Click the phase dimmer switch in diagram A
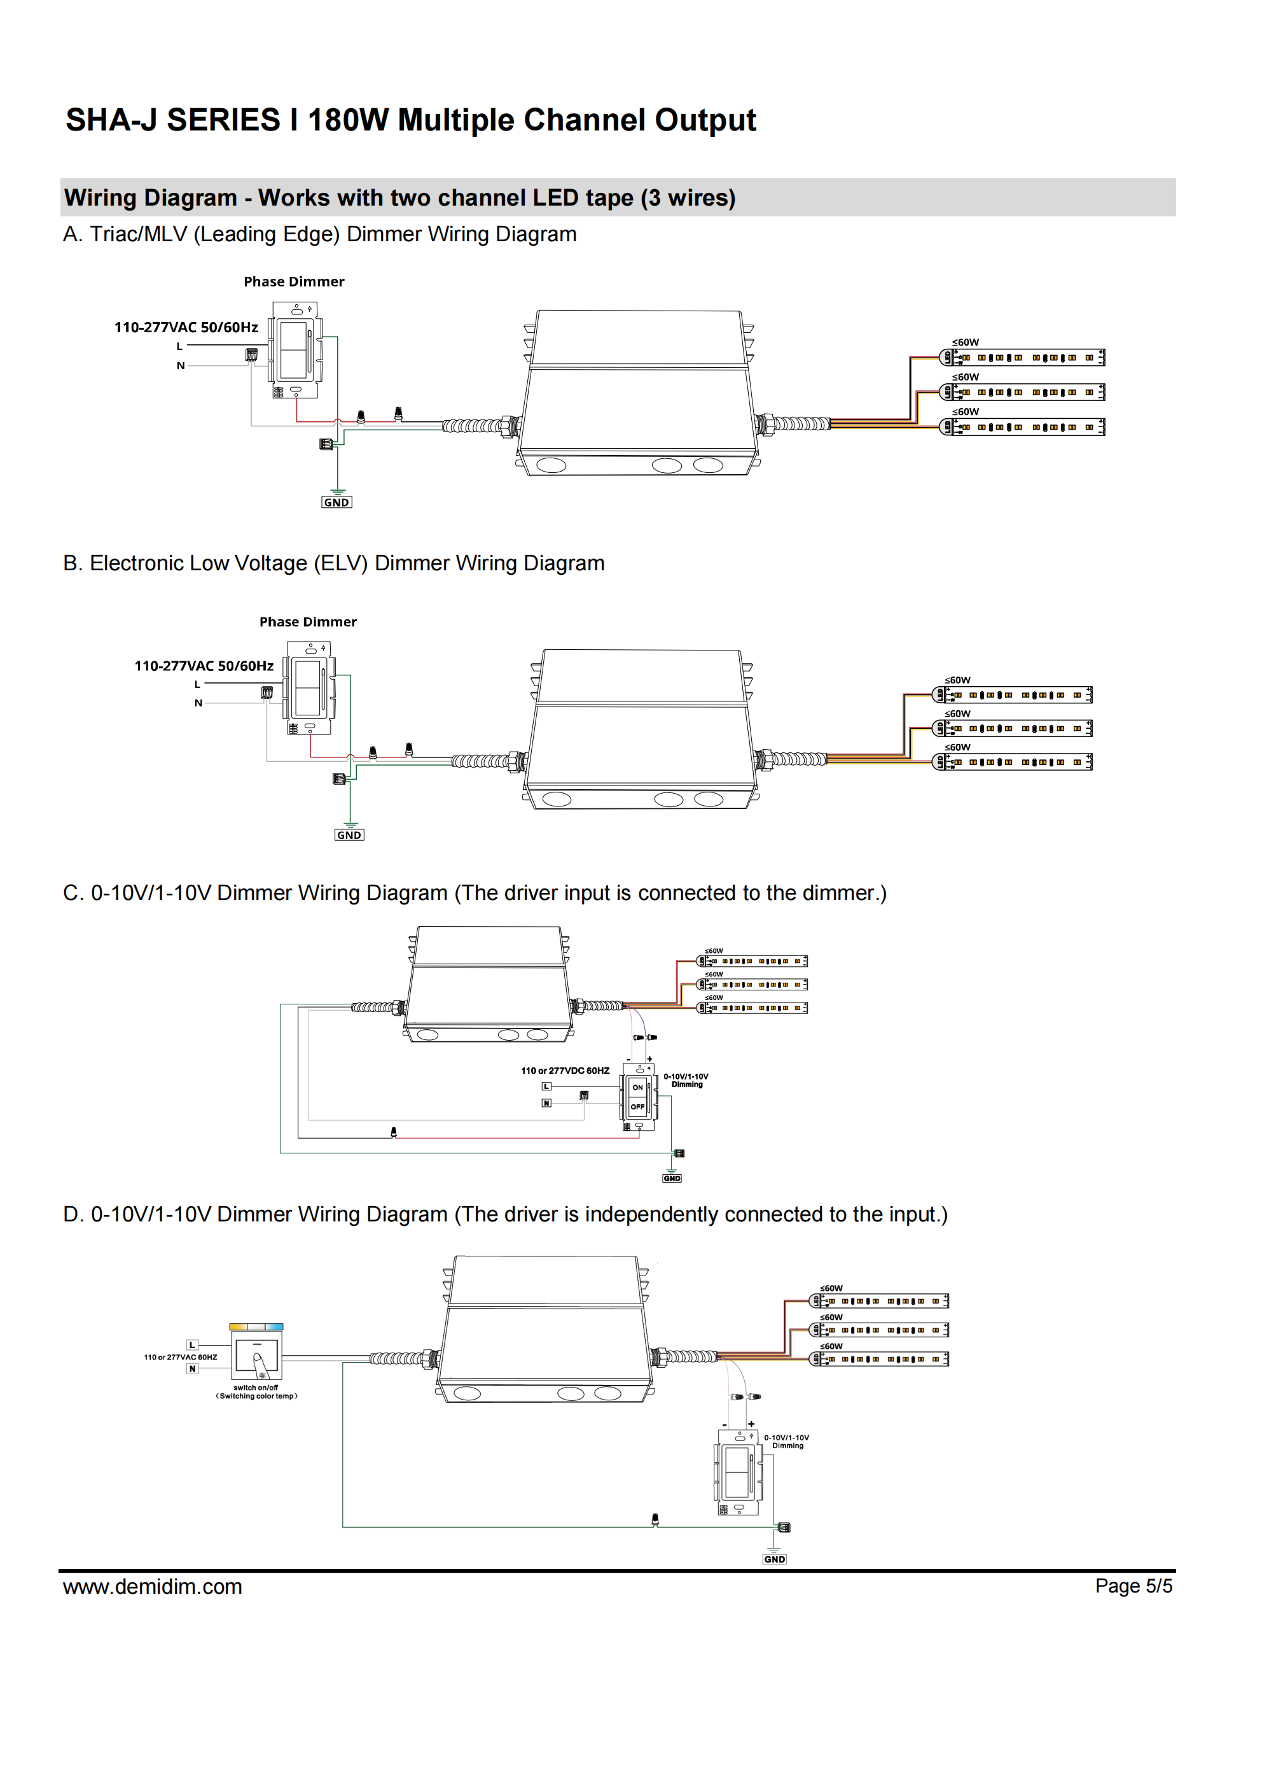click(x=294, y=350)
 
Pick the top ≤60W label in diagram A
click(x=966, y=342)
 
